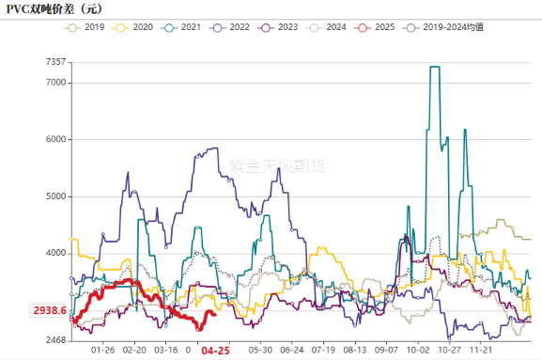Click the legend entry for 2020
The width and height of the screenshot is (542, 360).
point(136,28)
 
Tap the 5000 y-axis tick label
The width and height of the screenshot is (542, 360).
point(55,196)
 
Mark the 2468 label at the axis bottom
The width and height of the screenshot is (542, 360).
point(55,340)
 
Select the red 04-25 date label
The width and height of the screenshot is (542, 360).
point(216,351)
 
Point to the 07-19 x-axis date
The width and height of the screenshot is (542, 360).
point(324,350)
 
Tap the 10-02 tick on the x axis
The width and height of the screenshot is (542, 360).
point(418,350)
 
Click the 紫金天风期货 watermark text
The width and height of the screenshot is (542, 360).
point(278,165)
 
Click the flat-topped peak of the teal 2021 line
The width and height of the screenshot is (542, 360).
point(434,68)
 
